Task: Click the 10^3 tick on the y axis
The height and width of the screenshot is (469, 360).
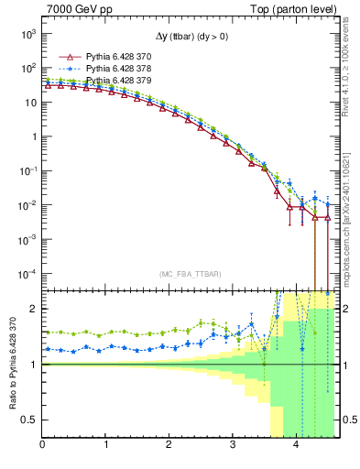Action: (27, 34)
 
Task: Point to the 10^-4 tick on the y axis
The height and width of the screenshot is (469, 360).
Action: (27, 274)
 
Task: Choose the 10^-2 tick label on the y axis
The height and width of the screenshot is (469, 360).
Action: (27, 205)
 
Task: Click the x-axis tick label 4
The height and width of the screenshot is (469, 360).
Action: (296, 445)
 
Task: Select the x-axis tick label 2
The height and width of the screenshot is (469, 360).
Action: (169, 445)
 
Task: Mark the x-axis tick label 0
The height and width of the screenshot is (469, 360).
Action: (43, 445)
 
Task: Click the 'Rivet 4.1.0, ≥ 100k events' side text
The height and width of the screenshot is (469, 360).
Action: (351, 72)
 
